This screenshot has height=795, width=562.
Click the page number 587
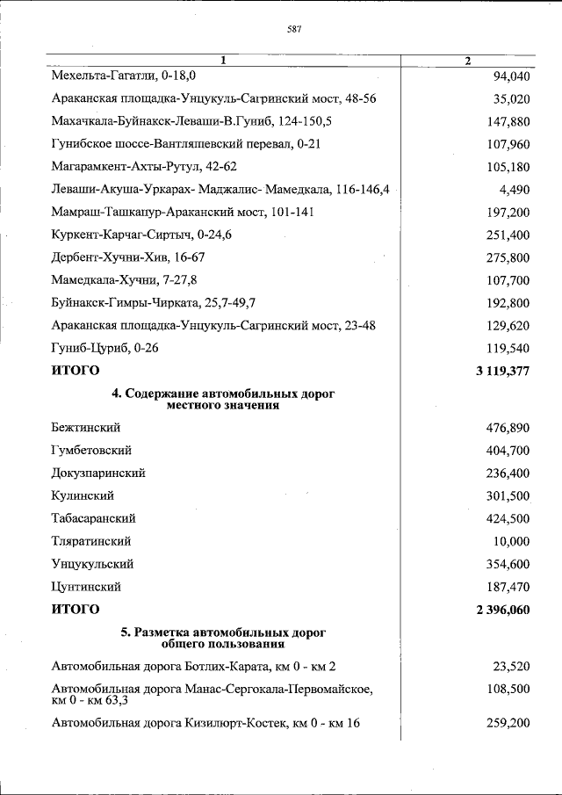pos(294,29)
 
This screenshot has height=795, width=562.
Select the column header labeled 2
pos(467,61)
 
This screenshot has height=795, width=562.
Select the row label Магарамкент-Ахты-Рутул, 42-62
pos(144,167)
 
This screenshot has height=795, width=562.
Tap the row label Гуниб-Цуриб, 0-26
pos(104,348)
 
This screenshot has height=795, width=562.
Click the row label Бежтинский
pos(86,428)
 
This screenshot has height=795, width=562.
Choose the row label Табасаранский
pos(94,518)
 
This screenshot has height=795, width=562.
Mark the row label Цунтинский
pos(86,586)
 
